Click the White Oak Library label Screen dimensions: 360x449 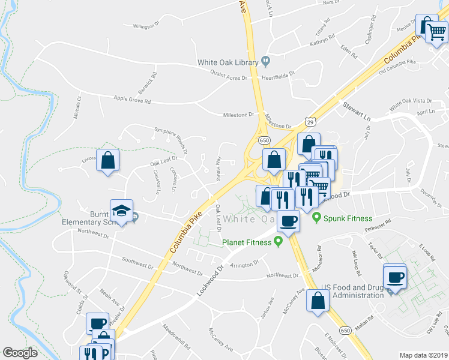(228, 62)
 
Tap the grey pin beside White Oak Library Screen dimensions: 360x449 (265, 61)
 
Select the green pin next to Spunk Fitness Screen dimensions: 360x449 (317, 218)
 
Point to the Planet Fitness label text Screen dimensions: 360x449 (247, 242)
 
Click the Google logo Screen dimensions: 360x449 (20, 353)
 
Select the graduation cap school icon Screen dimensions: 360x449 (121, 210)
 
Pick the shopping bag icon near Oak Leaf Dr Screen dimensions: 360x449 (107, 160)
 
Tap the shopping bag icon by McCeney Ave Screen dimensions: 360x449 (318, 300)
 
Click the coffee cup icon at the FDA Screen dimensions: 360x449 (395, 277)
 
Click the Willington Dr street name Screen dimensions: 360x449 (145, 26)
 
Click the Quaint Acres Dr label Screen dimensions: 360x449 (229, 76)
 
